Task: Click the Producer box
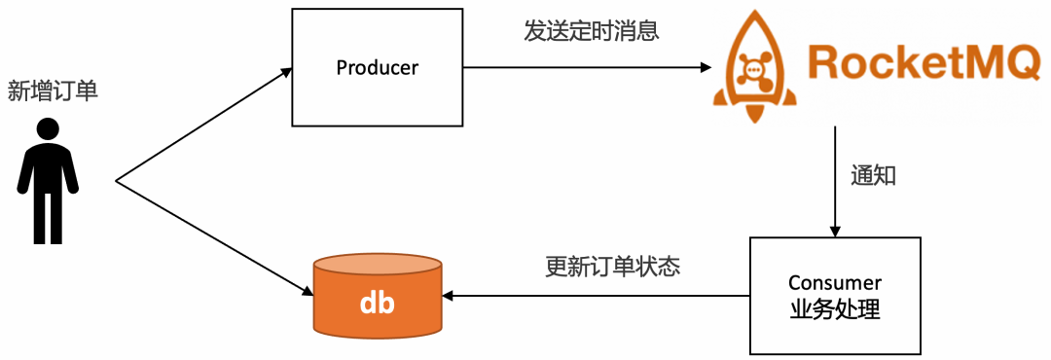click(377, 67)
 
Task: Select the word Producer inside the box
click(377, 67)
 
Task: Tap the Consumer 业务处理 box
click(834, 296)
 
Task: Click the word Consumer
click(834, 283)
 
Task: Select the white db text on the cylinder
click(377, 302)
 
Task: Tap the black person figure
click(48, 181)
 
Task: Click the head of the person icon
click(48, 129)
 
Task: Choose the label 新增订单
click(53, 91)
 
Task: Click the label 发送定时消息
click(591, 30)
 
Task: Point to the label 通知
click(873, 176)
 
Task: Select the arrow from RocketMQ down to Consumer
click(834, 180)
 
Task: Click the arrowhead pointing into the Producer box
click(285, 71)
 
